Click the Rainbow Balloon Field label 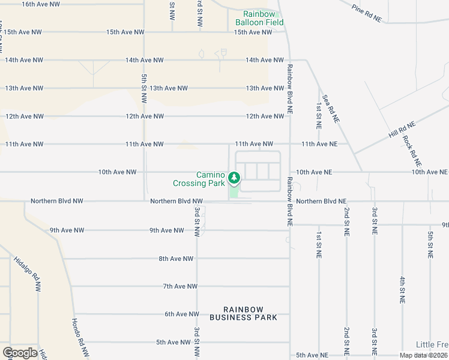(x=259, y=18)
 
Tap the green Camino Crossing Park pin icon (x=234, y=178)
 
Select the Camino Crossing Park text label (x=198, y=179)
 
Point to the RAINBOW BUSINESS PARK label (x=243, y=313)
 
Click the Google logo (x=20, y=353)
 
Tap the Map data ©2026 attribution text (x=424, y=355)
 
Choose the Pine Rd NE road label (x=367, y=14)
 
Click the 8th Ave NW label (x=176, y=259)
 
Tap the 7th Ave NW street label (x=180, y=286)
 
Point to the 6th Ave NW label (x=181, y=314)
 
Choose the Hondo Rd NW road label (x=80, y=337)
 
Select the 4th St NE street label (x=402, y=289)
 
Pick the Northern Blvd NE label (x=321, y=202)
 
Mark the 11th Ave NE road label (x=319, y=144)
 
